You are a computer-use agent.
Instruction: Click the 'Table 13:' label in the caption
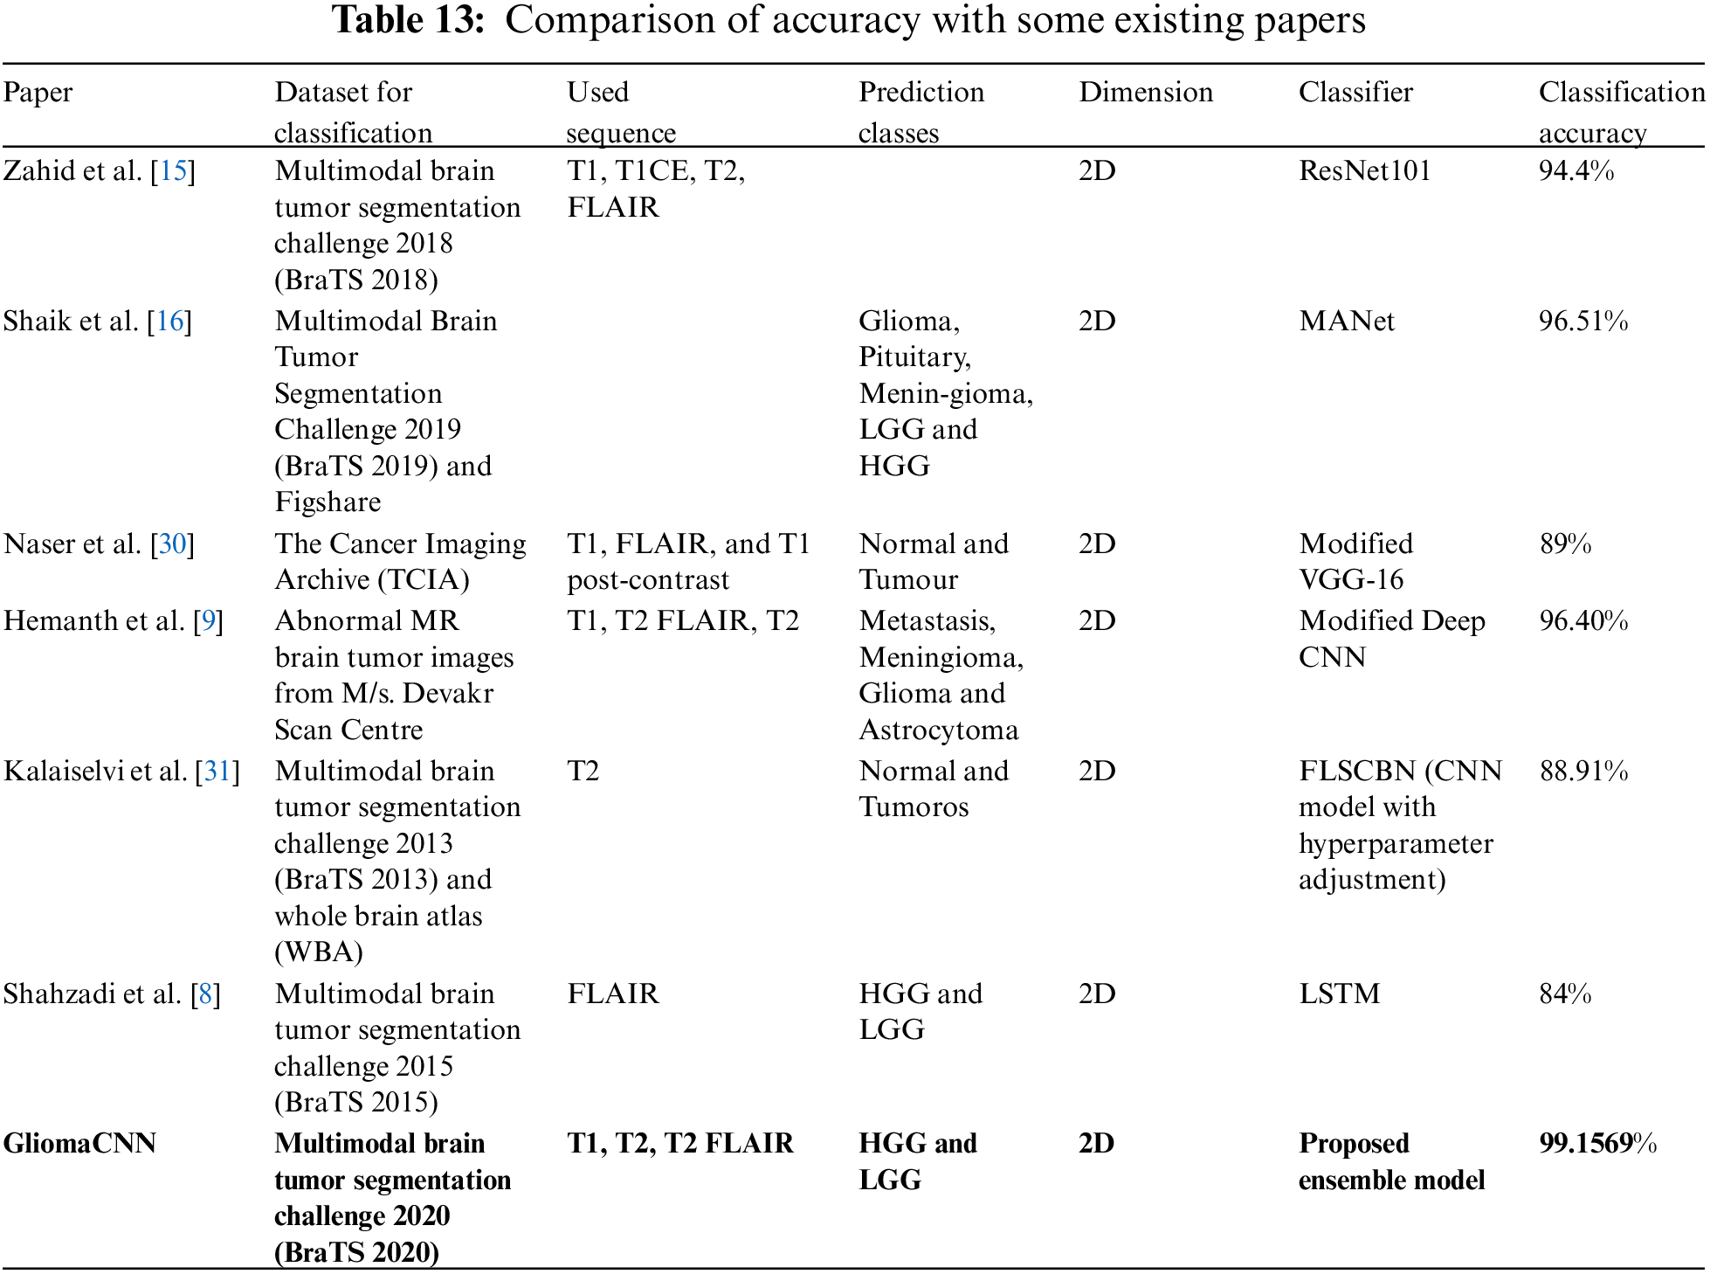pyautogui.click(x=408, y=20)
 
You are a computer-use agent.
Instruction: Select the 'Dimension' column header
pyautogui.click(x=1145, y=92)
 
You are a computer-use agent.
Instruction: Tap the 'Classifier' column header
pyautogui.click(x=1355, y=92)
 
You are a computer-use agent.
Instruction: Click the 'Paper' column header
pyautogui.click(x=38, y=92)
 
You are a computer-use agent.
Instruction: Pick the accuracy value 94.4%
pyautogui.click(x=1576, y=170)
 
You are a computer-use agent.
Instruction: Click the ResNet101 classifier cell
pyautogui.click(x=1364, y=170)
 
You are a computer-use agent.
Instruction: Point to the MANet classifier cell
pyautogui.click(x=1346, y=321)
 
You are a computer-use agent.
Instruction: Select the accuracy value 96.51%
pyautogui.click(x=1582, y=321)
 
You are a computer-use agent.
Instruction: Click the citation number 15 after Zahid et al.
pyautogui.click(x=173, y=170)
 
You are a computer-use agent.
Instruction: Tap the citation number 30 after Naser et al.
pyautogui.click(x=172, y=544)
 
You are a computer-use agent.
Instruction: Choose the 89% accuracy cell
pyautogui.click(x=1565, y=544)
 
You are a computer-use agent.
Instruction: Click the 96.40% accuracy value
pyautogui.click(x=1582, y=620)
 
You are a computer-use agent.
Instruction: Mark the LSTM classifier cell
pyautogui.click(x=1339, y=994)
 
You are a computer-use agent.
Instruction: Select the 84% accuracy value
pyautogui.click(x=1565, y=994)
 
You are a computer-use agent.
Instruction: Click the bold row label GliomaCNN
pyautogui.click(x=79, y=1143)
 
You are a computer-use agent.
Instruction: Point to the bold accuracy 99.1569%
pyautogui.click(x=1597, y=1143)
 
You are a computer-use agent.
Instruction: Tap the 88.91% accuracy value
pyautogui.click(x=1582, y=771)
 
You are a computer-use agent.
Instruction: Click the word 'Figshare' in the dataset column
pyautogui.click(x=328, y=502)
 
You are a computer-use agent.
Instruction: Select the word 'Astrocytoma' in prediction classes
pyautogui.click(x=938, y=730)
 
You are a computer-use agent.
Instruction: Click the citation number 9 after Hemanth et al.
pyautogui.click(x=208, y=620)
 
